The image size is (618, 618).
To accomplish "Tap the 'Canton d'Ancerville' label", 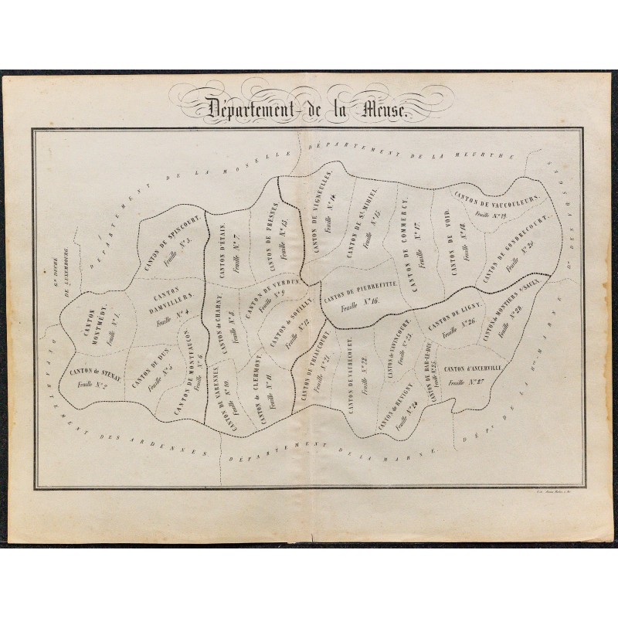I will tap(474, 368).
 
